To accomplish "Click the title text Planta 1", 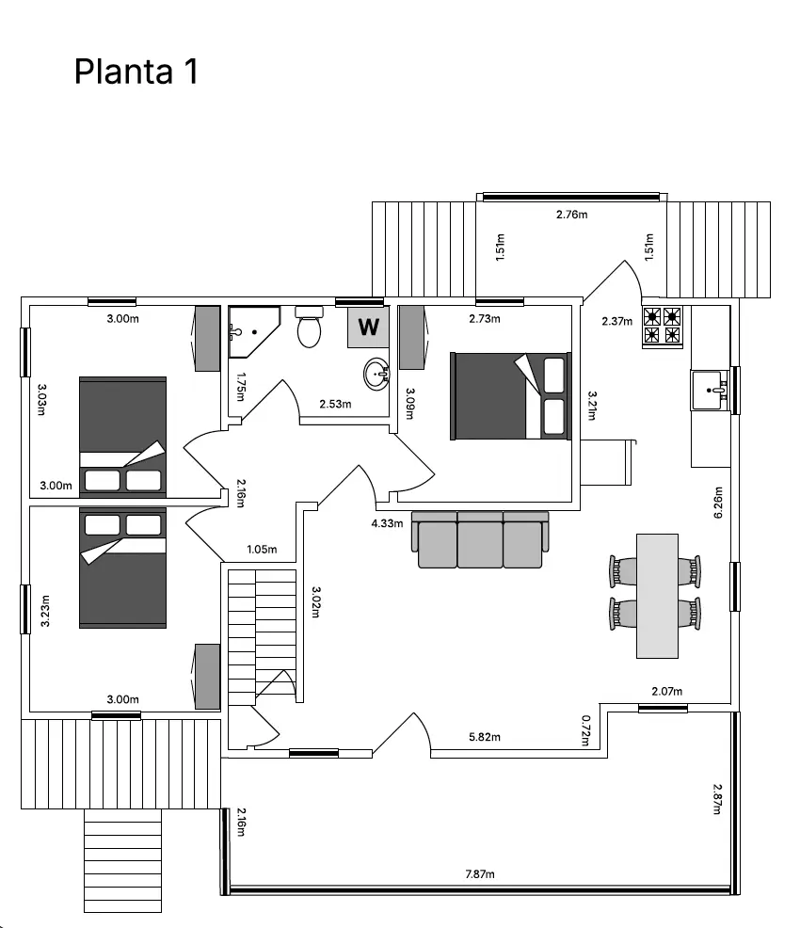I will pos(136,72).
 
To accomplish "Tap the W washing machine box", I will pos(368,328).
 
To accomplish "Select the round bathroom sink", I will pos(377,374).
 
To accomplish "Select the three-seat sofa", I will pos(480,540).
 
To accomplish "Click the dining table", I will pos(657,596).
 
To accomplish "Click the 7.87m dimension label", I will pos(479,874).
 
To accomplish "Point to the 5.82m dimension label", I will pos(485,737).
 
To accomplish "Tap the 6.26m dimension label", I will pos(719,503).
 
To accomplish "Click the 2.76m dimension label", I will pos(571,215).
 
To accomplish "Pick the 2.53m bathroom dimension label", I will pos(335,405).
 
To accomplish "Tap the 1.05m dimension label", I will pos(261,550).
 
